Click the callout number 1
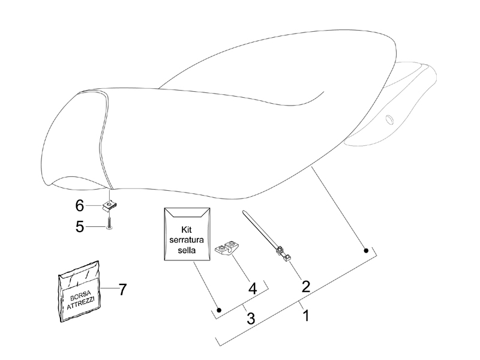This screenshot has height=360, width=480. (x=306, y=316)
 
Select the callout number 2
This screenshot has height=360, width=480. (x=306, y=286)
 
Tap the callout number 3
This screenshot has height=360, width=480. (x=251, y=318)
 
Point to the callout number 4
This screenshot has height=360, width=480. (x=253, y=288)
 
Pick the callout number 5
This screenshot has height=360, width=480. (x=80, y=227)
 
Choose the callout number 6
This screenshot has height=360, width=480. (x=80, y=205)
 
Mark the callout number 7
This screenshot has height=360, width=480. (x=122, y=289)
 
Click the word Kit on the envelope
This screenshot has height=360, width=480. (x=187, y=230)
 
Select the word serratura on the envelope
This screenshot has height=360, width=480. (x=187, y=239)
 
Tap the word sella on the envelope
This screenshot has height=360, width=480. (x=187, y=250)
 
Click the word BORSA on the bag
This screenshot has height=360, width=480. (x=80, y=295)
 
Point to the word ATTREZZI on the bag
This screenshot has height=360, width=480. (x=82, y=303)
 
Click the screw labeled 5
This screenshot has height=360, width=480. (x=109, y=223)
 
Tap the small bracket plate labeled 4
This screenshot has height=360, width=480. (x=227, y=247)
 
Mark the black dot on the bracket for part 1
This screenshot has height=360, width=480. (x=366, y=251)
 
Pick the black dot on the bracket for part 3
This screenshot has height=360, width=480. (x=219, y=310)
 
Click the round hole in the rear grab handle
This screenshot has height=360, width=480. (x=389, y=119)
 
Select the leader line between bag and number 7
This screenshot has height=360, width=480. (x=109, y=288)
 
